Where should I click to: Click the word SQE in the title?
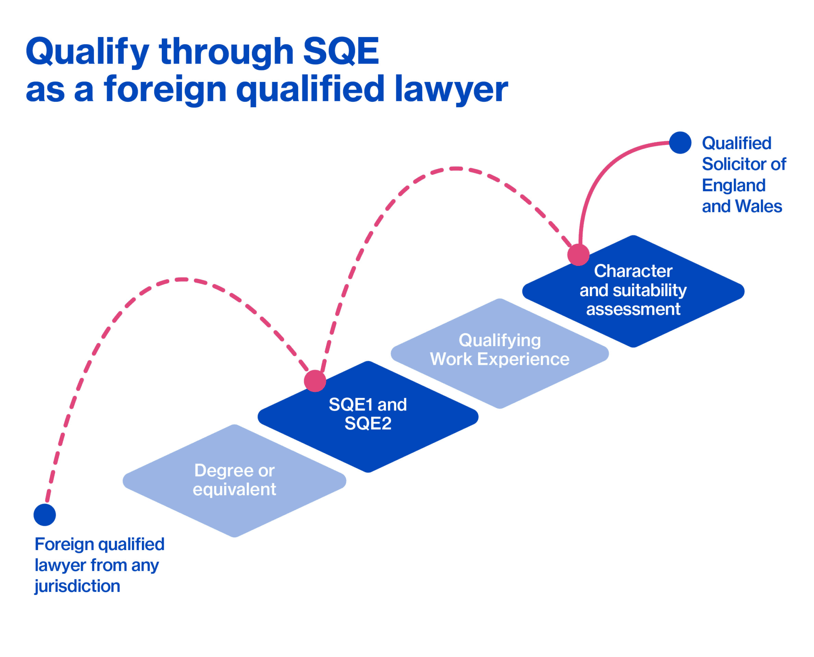click(x=341, y=51)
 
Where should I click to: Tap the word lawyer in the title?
click(x=451, y=89)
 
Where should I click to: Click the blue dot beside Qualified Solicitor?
click(x=680, y=143)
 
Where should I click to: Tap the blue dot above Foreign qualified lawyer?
click(x=45, y=515)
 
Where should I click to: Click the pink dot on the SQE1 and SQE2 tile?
click(x=315, y=381)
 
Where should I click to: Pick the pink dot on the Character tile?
click(x=578, y=254)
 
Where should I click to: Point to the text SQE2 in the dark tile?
click(x=368, y=423)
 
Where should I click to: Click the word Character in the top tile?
click(x=633, y=271)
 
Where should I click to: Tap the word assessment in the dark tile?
click(x=633, y=309)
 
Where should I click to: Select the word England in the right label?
click(x=733, y=186)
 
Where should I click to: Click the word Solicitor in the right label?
click(x=730, y=164)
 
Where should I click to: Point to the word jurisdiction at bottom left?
click(x=77, y=586)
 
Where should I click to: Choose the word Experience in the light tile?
click(x=523, y=359)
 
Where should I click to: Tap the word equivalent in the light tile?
click(x=234, y=489)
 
